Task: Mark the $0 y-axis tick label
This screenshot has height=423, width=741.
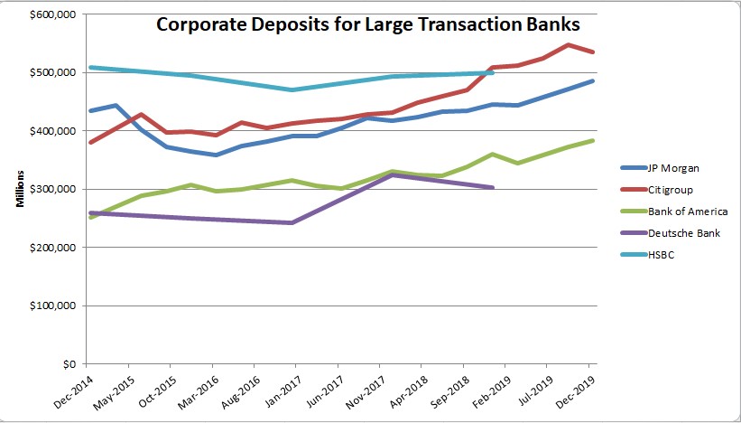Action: coord(68,365)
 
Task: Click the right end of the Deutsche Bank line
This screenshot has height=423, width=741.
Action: coord(493,187)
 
